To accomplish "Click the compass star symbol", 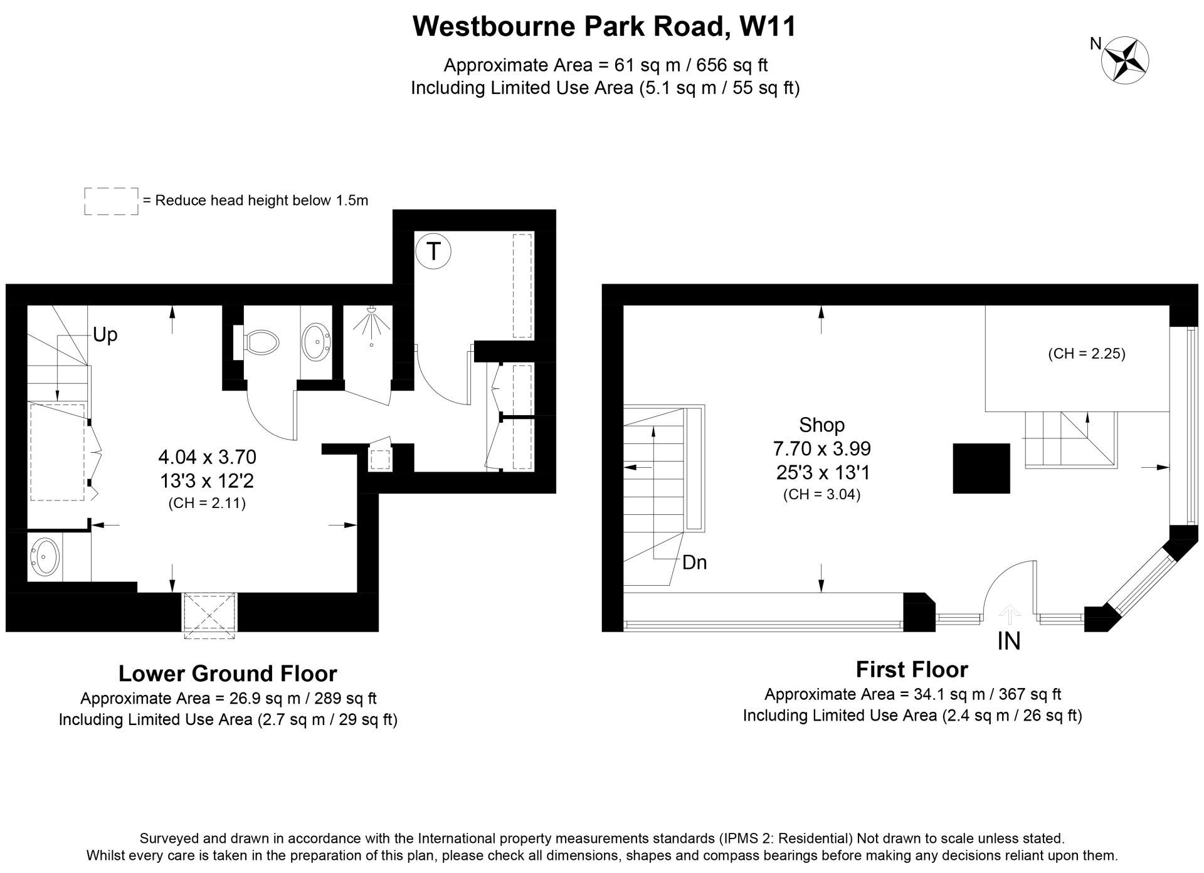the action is pos(1126,59).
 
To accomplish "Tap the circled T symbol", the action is pos(433,251).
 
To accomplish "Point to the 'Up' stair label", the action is pos(105,335).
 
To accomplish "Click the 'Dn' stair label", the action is pos(694,563).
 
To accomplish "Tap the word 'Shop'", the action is pos(821,425).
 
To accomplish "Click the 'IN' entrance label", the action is pos(1009,641).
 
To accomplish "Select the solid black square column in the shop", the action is pos(981,468).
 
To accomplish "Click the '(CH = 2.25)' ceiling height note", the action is pos(1087,354).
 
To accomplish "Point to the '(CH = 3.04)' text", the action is pos(821,495).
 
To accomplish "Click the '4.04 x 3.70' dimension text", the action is pos(207,457).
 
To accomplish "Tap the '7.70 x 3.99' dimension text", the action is pos(821,449).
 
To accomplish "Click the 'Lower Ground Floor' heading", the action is pos(228,674).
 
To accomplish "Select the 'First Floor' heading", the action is pos(912,670).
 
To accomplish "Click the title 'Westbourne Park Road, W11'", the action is pos(605,27).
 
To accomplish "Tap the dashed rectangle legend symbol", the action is pos(111,201).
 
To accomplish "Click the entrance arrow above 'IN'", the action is pos(1009,612).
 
